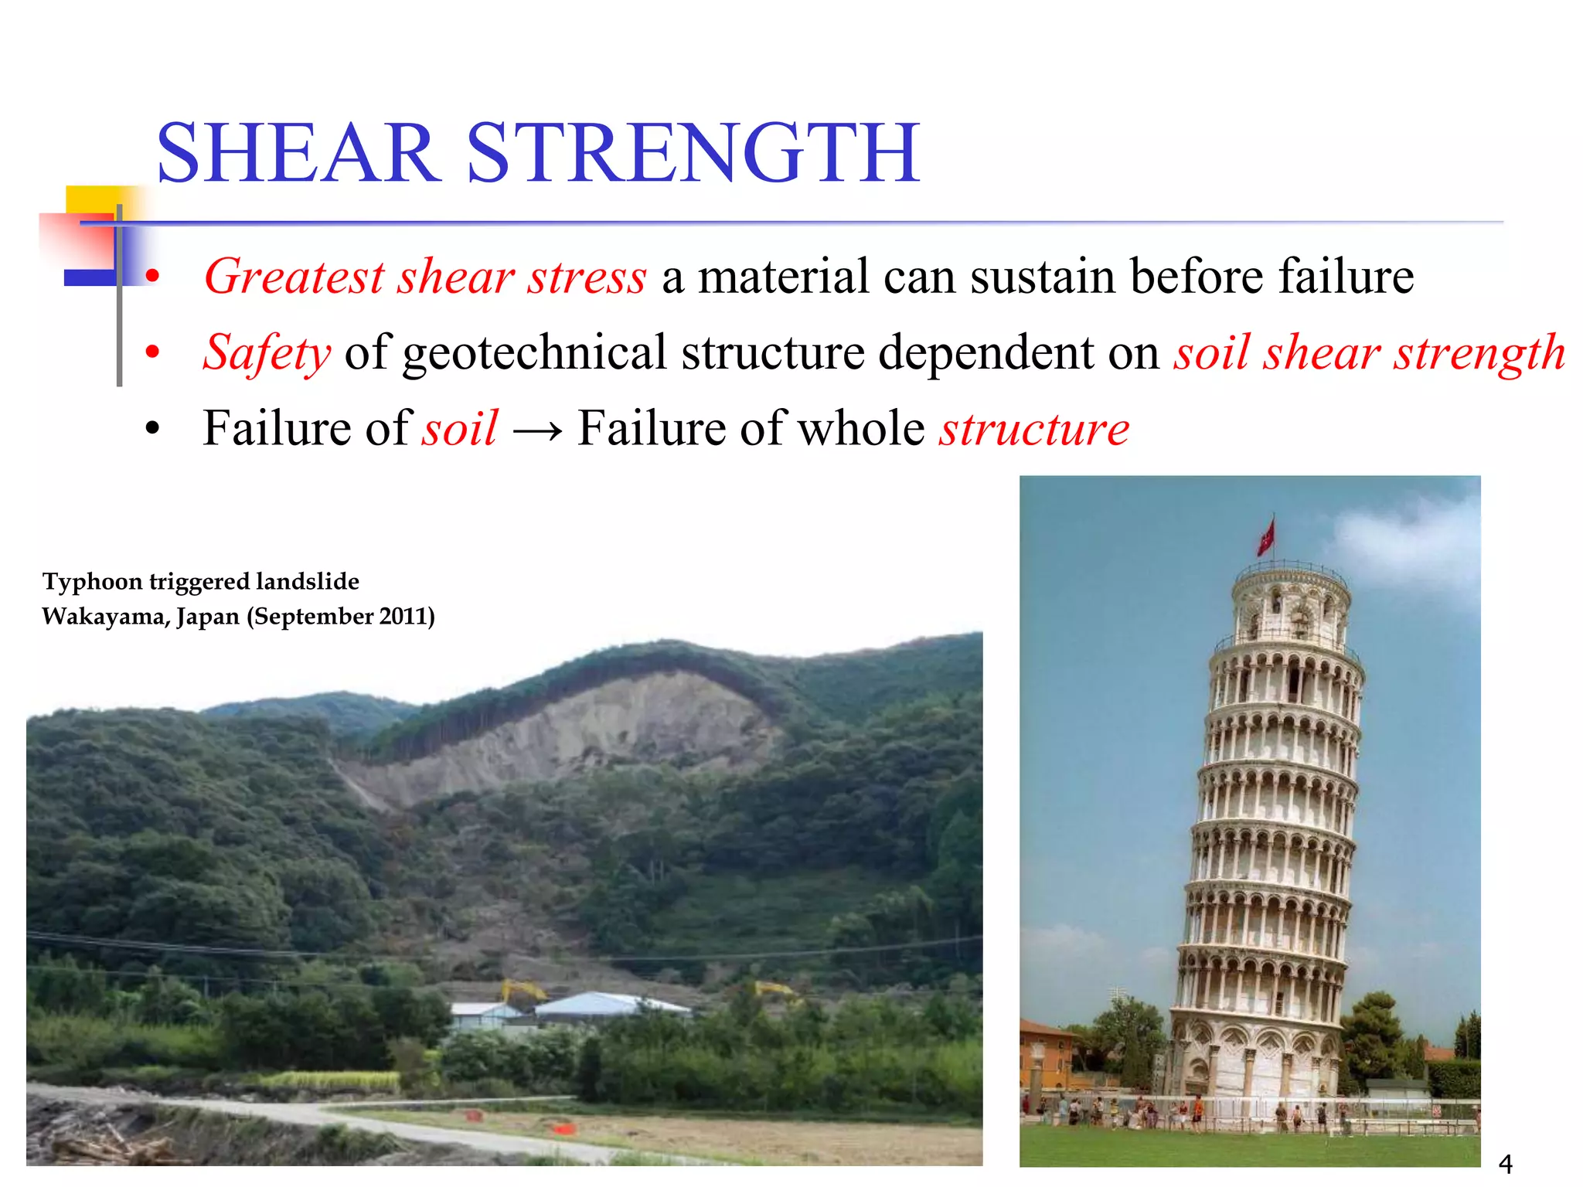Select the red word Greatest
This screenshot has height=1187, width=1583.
(294, 277)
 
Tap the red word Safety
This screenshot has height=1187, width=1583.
(267, 353)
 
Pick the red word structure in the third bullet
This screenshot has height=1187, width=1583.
(1034, 429)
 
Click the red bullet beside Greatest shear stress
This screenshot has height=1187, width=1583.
(152, 276)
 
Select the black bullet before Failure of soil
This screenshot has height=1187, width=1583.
(152, 428)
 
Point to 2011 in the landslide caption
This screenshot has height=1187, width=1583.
(401, 617)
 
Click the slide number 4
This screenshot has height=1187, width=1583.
(1505, 1163)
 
